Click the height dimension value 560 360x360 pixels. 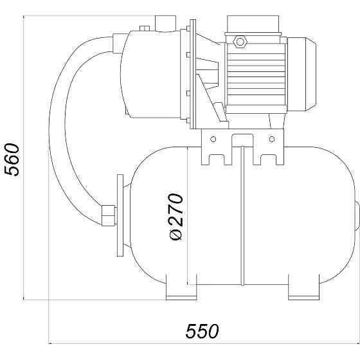(12, 159)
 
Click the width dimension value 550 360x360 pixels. (202, 331)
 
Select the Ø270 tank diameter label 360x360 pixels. (176, 217)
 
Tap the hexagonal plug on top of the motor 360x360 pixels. (240, 42)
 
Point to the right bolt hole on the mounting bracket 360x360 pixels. (272, 138)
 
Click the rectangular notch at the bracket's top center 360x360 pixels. (242, 138)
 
